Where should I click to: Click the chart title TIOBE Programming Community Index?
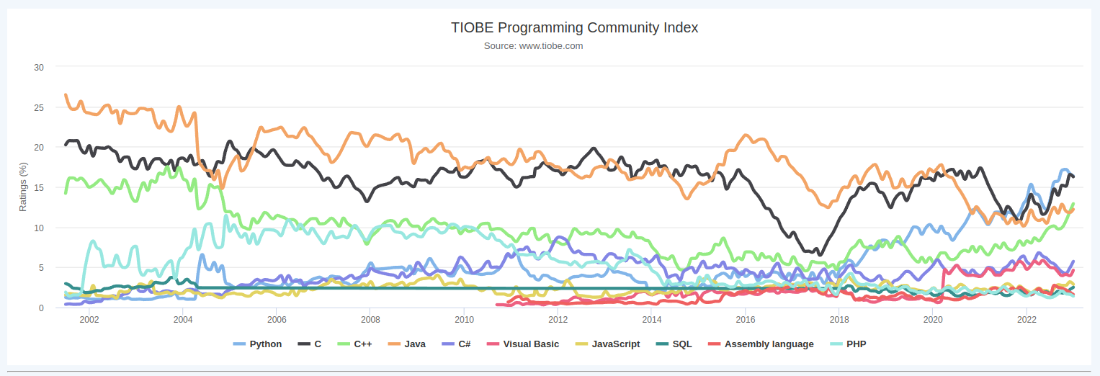[x=574, y=28]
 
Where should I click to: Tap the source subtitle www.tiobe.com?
[x=533, y=46]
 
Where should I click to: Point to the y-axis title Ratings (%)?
[x=23, y=187]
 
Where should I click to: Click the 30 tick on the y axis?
[x=39, y=68]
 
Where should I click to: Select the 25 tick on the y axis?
[x=39, y=108]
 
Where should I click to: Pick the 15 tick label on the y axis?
[x=39, y=188]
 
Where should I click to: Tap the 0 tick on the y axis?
[x=41, y=308]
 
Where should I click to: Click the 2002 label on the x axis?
[x=89, y=320]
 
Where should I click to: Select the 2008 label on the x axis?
[x=370, y=320]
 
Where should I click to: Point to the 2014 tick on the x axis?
[x=652, y=320]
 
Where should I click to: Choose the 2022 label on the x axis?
[x=1027, y=320]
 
